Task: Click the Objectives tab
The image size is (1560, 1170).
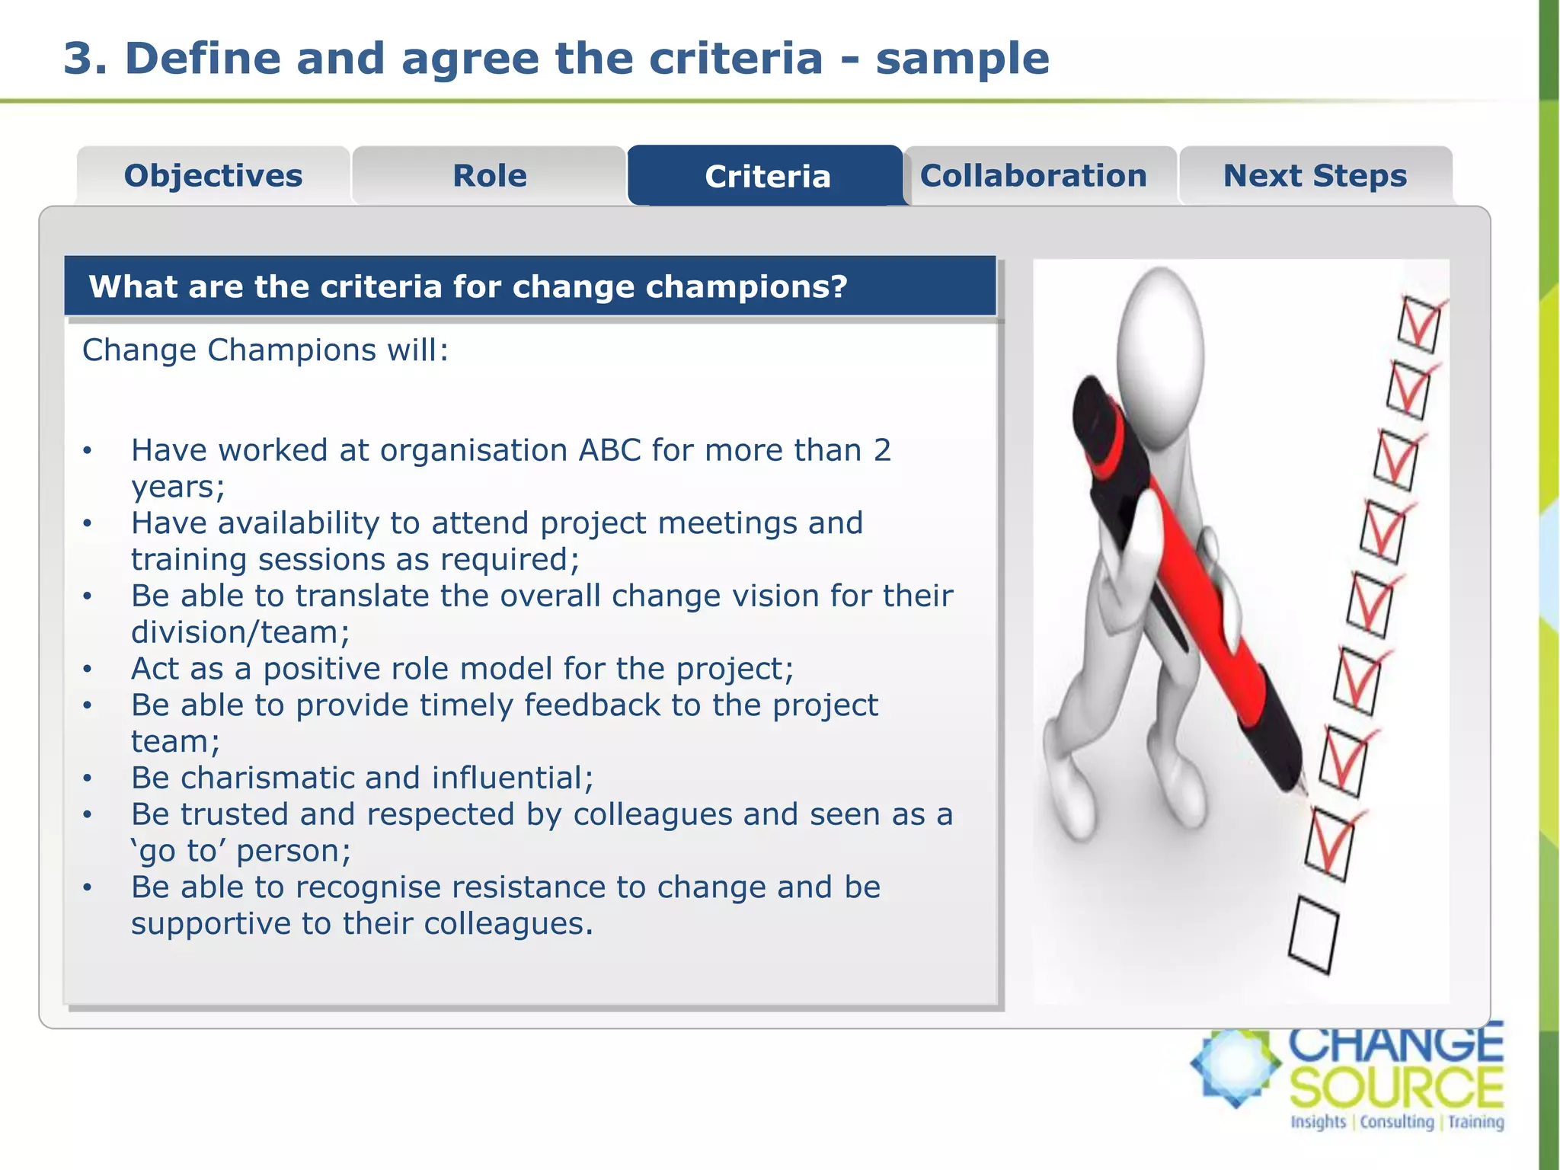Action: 213,176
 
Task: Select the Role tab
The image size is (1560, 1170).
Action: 489,176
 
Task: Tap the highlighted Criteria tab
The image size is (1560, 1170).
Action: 767,177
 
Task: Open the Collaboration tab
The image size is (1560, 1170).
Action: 1033,176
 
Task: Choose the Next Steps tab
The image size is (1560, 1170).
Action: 1315,176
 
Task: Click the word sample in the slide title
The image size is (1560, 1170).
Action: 962,59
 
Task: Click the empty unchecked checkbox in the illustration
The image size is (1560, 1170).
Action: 1313,935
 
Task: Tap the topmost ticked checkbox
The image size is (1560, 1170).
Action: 1418,324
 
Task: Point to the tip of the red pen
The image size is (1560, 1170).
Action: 1304,788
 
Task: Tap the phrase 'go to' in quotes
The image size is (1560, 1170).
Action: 179,851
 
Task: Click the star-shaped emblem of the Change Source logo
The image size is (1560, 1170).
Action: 1236,1066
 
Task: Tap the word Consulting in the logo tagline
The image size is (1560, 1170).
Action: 1397,1122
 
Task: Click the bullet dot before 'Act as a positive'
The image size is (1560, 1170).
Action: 88,669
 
